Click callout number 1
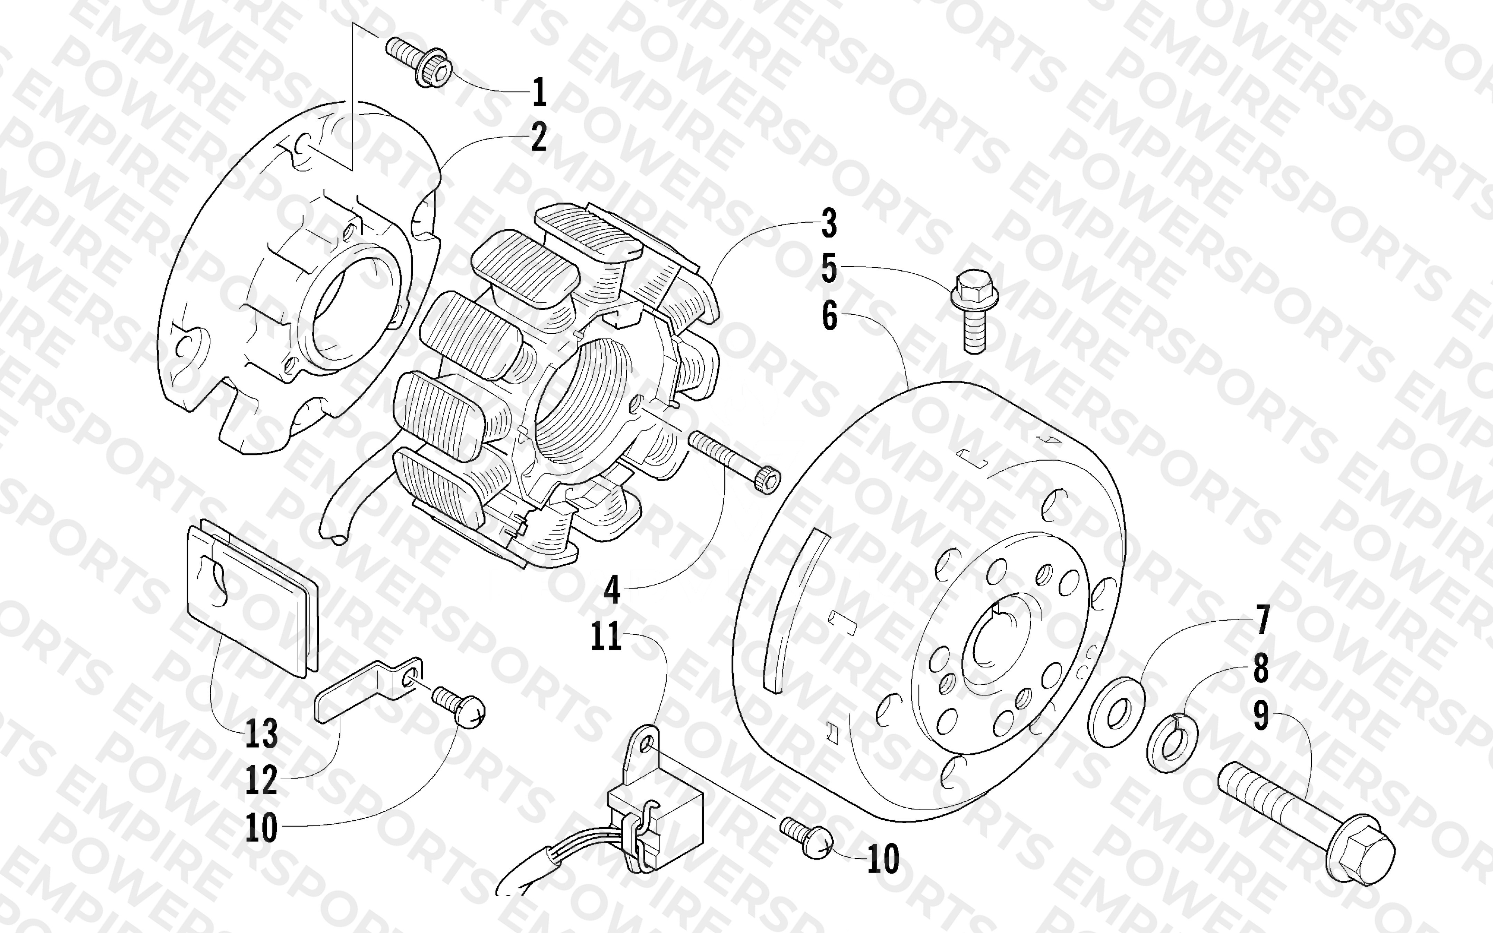(539, 92)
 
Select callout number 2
(538, 138)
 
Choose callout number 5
(829, 270)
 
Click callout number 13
(262, 734)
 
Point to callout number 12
(262, 781)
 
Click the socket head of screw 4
(766, 481)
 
